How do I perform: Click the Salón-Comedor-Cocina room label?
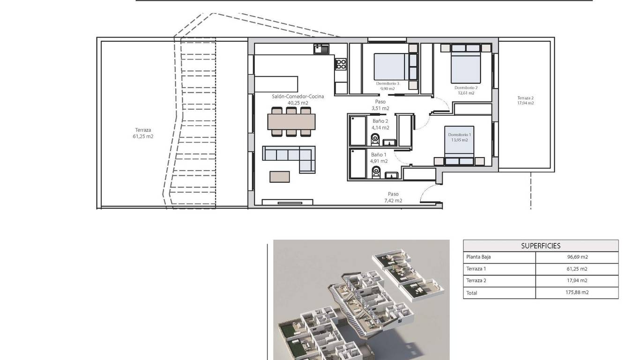298,97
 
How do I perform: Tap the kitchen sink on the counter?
321,49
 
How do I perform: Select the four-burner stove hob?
341,64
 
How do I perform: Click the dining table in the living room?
291,122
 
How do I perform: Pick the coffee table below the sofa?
279,177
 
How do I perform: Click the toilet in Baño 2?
375,140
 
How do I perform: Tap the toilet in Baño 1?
376,172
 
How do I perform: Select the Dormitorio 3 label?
387,83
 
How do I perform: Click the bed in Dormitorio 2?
466,67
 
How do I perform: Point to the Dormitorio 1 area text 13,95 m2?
460,140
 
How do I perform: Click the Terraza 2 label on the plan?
525,98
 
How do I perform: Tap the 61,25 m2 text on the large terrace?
143,136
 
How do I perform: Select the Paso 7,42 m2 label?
393,197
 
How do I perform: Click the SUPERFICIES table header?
541,246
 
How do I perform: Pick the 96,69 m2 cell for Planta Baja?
577,257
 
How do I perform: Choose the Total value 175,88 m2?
577,292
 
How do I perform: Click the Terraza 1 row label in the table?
476,269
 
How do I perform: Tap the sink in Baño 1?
391,175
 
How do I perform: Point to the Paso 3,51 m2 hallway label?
380,105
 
